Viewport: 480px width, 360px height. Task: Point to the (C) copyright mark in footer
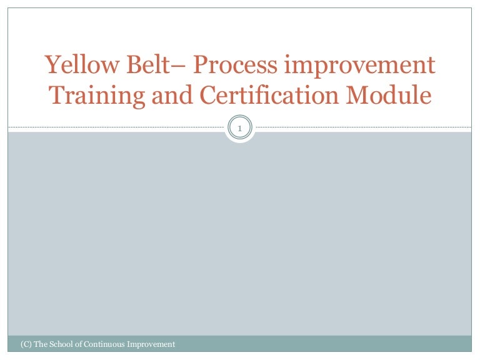point(26,344)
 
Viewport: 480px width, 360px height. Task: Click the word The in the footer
point(41,344)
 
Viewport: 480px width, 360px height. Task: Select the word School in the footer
point(62,344)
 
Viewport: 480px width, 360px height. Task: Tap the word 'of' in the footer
point(81,344)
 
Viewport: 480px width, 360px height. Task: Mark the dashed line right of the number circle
point(362,128)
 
